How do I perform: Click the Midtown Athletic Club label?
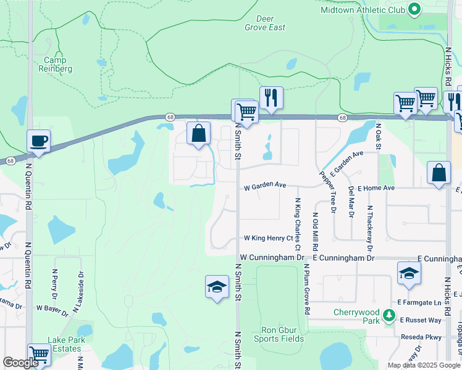(x=363, y=10)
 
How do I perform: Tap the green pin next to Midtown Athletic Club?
(x=414, y=10)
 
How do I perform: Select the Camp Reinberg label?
(x=58, y=65)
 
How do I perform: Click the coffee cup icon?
(x=38, y=141)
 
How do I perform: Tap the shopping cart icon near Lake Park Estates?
(x=39, y=355)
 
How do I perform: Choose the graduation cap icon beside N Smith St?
(x=217, y=287)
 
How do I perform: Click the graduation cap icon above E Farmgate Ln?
(x=409, y=273)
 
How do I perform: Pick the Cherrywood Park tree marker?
(x=389, y=316)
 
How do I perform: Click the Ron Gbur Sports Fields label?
(x=279, y=334)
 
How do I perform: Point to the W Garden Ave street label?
(x=266, y=185)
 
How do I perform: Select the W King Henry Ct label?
(x=268, y=238)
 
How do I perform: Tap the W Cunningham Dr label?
(x=272, y=257)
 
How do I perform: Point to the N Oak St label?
(x=378, y=135)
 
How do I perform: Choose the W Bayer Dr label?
(x=52, y=308)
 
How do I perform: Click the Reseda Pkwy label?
(x=421, y=337)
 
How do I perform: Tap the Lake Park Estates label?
(x=65, y=344)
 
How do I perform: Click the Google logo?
(x=20, y=363)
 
